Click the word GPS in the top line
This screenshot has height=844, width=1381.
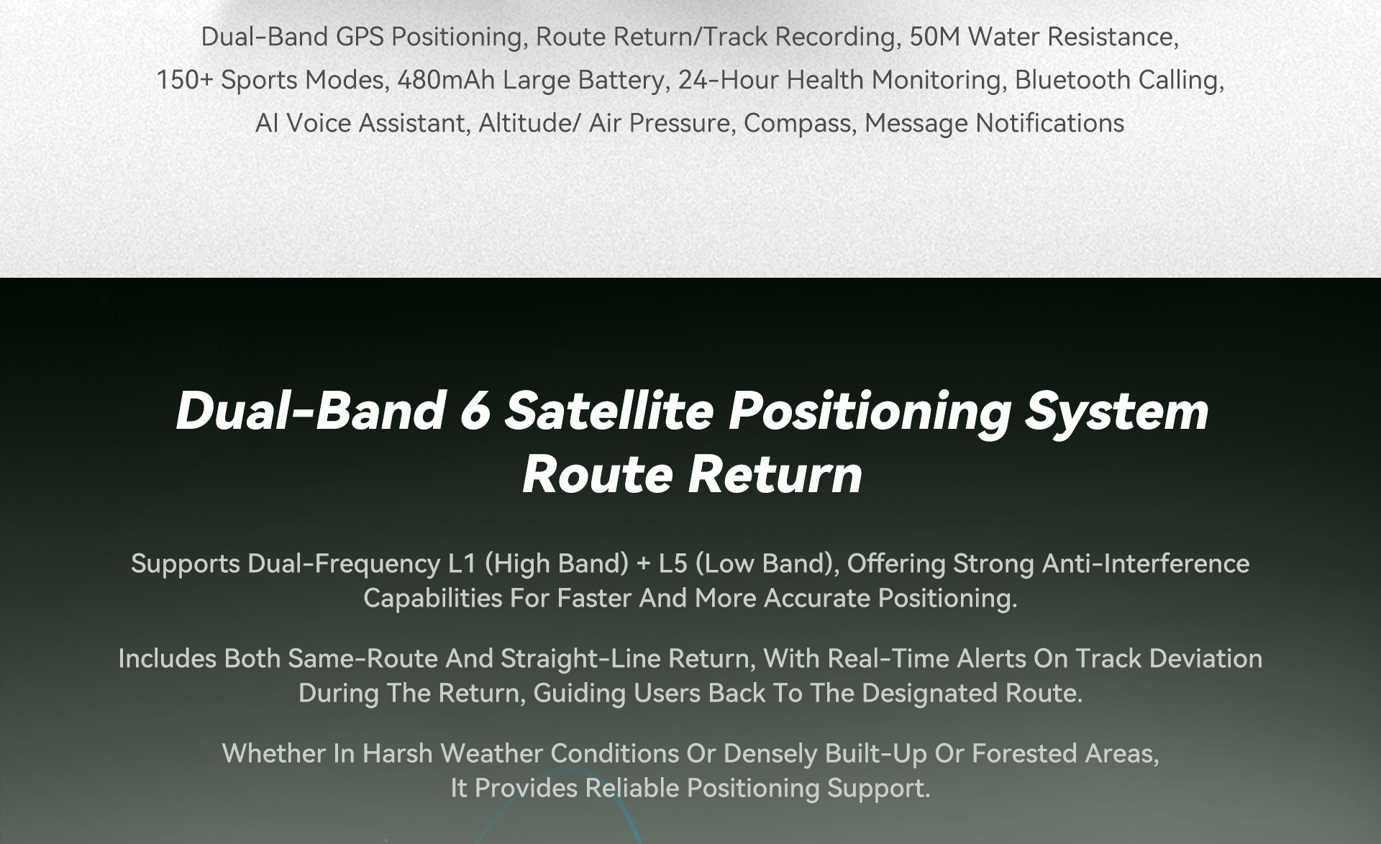[x=360, y=37]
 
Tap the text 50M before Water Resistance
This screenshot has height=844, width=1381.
[x=934, y=37]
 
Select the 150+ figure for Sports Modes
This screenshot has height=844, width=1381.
[x=185, y=80]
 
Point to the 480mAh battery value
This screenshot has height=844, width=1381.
[x=446, y=80]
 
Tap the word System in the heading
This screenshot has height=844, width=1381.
[x=1116, y=412]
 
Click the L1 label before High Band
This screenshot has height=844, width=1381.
[x=462, y=563]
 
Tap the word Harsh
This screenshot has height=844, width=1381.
[x=397, y=753]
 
